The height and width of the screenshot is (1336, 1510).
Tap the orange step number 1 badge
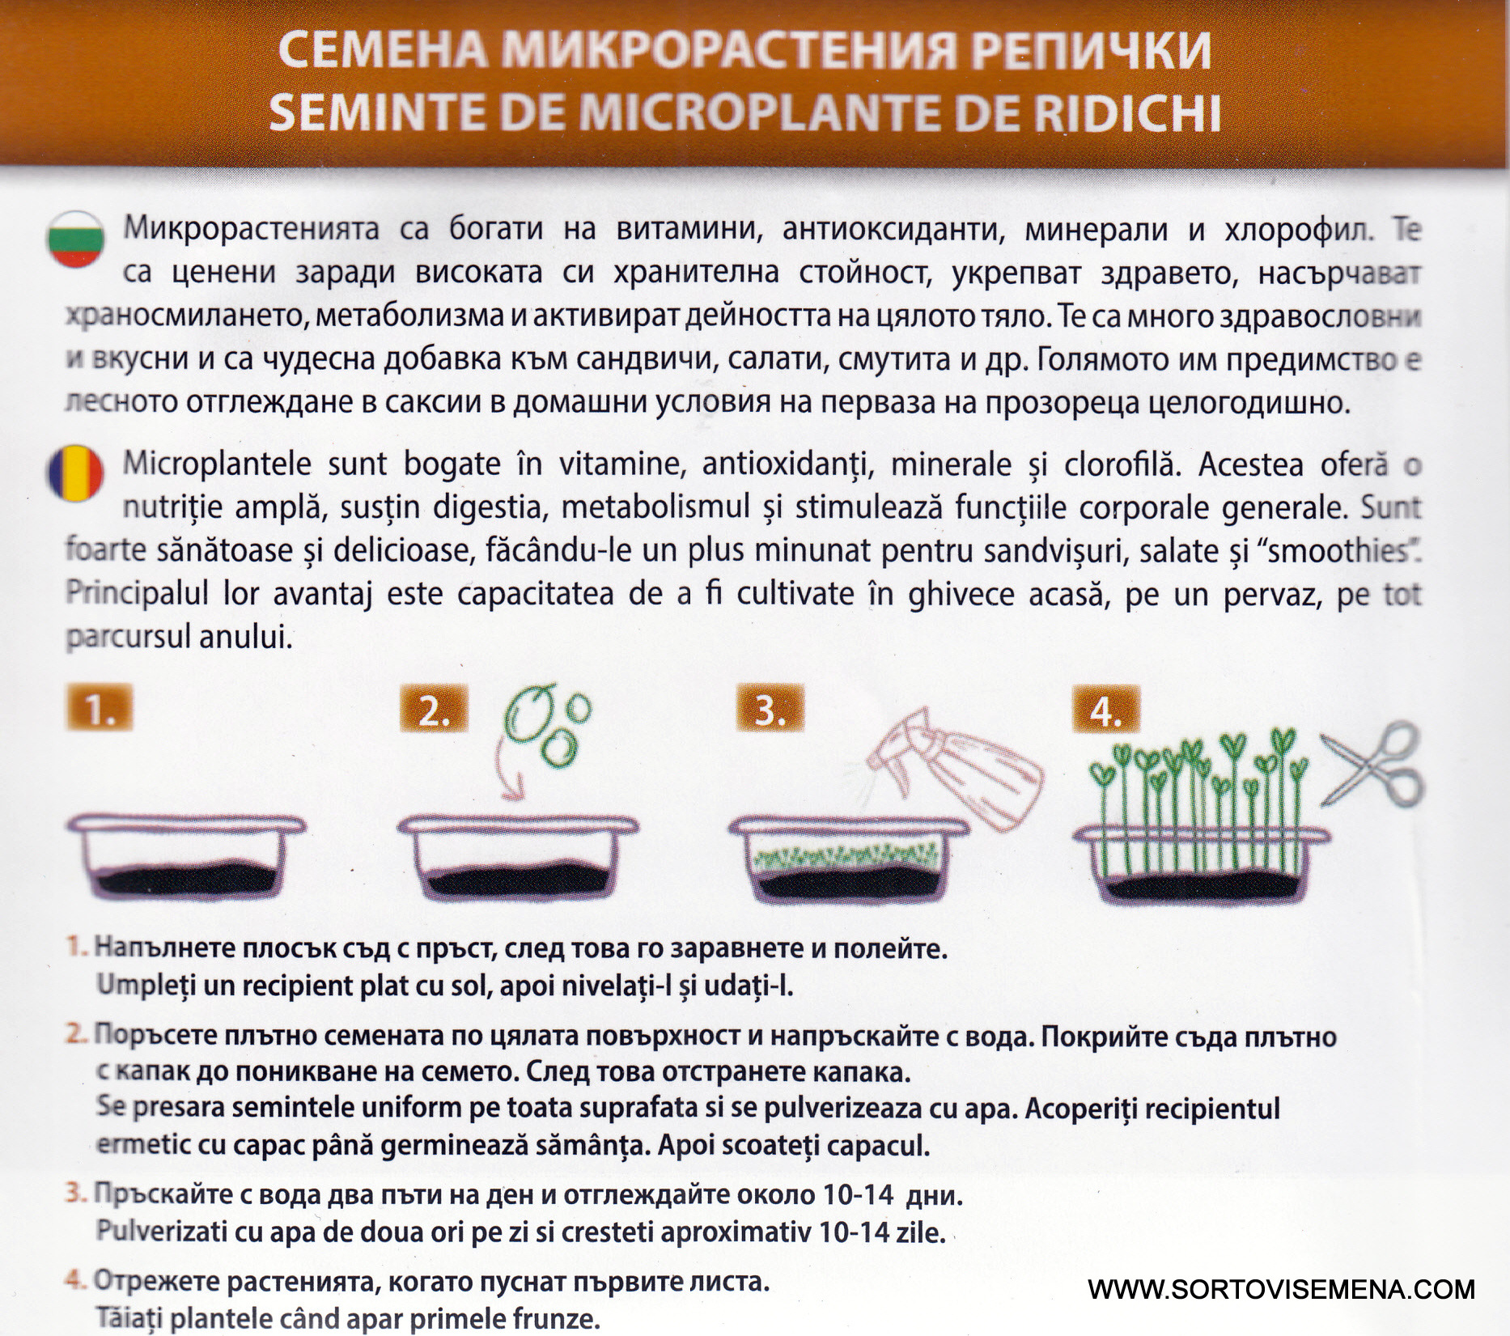click(x=100, y=710)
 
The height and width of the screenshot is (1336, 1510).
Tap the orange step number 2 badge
click(x=434, y=710)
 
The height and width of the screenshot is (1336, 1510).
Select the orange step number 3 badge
click(x=770, y=710)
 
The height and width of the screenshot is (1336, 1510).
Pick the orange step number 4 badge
click(x=1105, y=710)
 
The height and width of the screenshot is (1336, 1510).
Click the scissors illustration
click(x=1372, y=764)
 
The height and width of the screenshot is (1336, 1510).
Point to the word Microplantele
click(x=217, y=465)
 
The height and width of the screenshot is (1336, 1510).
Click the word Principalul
click(x=137, y=595)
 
